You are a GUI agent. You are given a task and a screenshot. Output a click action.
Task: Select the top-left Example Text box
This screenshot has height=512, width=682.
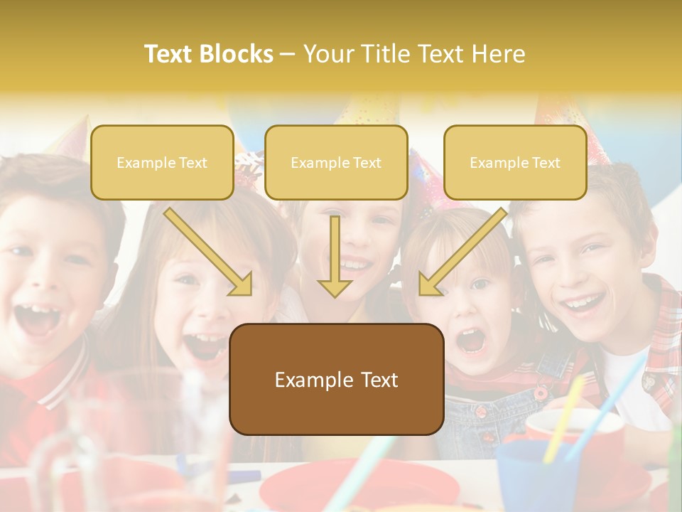pos(162,162)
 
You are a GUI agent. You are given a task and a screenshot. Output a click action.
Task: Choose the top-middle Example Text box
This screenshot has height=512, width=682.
pos(336,162)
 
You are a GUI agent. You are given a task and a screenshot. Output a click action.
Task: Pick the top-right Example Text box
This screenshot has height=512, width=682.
pos(515,162)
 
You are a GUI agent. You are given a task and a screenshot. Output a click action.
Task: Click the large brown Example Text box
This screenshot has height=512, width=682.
pos(336,379)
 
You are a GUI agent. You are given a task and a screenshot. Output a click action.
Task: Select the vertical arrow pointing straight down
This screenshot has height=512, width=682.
pos(335,256)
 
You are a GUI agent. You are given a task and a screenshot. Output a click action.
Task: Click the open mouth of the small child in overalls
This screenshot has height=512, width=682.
pos(470,341)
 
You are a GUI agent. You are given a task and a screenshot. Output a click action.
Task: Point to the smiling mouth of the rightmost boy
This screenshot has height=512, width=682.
pos(584,304)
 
